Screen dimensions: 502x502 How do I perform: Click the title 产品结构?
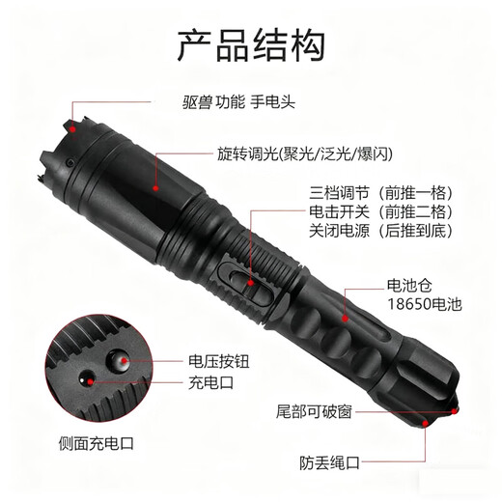coord(250,43)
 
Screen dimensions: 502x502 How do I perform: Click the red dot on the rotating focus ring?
coord(158,191)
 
